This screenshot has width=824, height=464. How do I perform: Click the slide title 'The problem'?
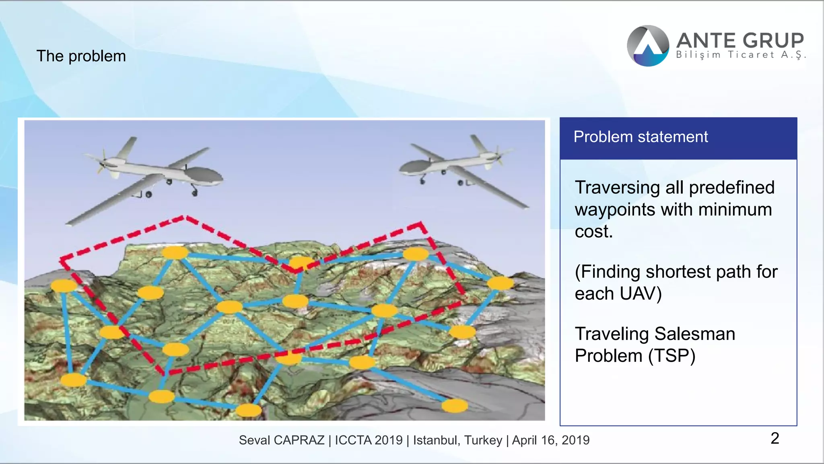pos(81,56)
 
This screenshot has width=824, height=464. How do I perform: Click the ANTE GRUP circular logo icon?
pos(648,46)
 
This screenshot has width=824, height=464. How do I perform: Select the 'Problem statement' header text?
pos(641,137)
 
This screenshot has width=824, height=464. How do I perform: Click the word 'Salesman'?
pos(695,334)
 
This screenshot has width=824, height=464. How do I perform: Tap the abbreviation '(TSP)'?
pos(672,356)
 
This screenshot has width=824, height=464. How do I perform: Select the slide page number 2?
pos(775,438)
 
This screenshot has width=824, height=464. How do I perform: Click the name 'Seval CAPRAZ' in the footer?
pos(281,440)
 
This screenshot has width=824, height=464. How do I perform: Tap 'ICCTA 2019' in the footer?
pos(369,440)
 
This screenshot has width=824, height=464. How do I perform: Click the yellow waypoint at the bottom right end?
pos(455,406)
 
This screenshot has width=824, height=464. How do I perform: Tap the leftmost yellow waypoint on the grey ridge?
pos(64,286)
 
